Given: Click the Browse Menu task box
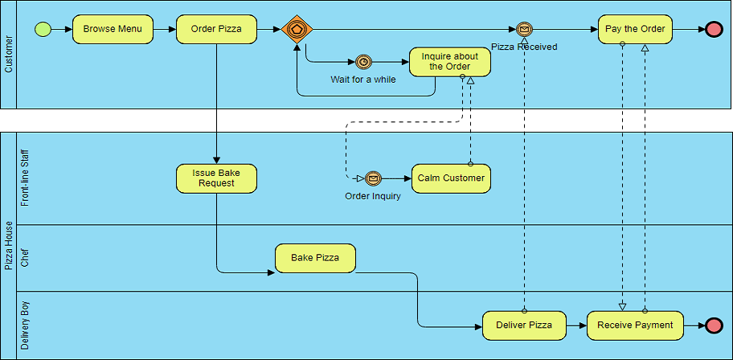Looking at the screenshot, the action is point(113,30).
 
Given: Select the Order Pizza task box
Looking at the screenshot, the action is point(216,30).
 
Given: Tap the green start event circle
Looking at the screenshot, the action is point(43,30).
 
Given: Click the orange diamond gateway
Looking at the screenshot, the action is point(297,30).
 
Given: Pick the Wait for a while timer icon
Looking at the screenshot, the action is point(364,62).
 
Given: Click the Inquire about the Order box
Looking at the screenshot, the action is point(450,62).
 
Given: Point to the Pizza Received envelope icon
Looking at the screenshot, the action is point(525,30).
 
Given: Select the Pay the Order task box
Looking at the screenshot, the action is point(635,30).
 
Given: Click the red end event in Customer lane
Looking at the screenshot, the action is point(714,30).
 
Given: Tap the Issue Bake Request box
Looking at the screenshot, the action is point(216,178).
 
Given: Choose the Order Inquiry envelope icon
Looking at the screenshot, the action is point(373,178).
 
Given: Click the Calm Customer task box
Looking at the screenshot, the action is point(451,178).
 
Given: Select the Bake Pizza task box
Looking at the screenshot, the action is point(315,258).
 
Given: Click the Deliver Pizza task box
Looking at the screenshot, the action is point(524,325).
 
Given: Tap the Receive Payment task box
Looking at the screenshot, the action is point(635,325).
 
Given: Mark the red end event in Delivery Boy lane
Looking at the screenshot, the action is point(714,325).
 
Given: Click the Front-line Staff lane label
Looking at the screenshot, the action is point(25,178).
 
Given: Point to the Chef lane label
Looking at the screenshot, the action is point(25,258).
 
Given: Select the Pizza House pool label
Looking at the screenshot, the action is point(8,245).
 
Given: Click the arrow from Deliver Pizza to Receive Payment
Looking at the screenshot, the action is point(576,325).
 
